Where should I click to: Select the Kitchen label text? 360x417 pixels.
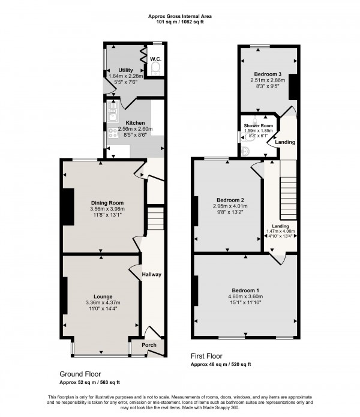135,123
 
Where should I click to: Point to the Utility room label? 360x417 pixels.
125,70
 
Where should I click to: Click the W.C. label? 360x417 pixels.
155,59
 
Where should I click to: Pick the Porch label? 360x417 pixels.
149,345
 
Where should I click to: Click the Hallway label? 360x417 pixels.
151,274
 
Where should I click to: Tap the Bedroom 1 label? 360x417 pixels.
246,290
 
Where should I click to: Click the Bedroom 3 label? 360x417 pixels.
268,74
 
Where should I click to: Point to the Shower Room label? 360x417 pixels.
254,126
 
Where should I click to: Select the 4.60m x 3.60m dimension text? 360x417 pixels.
246,297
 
